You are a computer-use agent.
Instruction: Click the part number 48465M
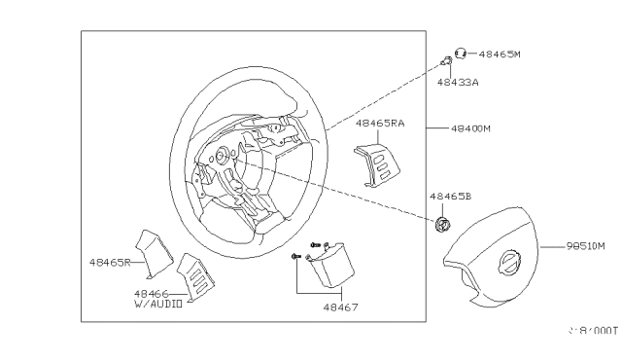[x=501, y=54]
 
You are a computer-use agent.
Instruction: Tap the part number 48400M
[x=471, y=127]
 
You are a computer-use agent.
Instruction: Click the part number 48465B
[x=449, y=196]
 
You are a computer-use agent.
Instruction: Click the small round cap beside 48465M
[x=461, y=54]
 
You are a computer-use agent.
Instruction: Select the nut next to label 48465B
[x=443, y=225]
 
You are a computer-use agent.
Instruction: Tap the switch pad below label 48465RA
[x=376, y=156]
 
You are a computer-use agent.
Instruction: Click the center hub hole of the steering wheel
[x=224, y=154]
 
